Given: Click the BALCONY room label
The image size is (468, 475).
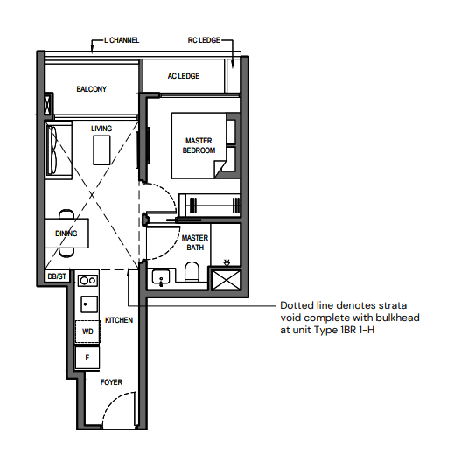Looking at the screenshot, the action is tap(92, 89).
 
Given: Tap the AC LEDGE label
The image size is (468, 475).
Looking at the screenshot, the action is tap(184, 76).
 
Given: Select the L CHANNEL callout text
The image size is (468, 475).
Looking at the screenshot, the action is tap(122, 40).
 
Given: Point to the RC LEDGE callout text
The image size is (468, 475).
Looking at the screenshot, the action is tap(204, 40).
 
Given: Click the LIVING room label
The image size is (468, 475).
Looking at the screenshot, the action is tap(101, 129).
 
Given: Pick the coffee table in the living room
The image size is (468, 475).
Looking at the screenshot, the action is tap(101, 150).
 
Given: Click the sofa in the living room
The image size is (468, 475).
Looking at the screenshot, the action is tap(59, 149).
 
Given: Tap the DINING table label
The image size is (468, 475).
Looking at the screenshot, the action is tap(66, 234).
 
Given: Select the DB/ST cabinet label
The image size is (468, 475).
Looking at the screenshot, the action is tap(57, 276).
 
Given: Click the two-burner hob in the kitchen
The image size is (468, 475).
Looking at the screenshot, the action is tap(87, 281).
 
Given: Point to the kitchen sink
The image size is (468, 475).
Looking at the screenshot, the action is tap(89, 304).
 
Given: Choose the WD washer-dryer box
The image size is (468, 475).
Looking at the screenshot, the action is tap(87, 332).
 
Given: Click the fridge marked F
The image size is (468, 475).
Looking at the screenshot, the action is tap(87, 358).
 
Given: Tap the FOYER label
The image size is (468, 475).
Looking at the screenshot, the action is tap(111, 382).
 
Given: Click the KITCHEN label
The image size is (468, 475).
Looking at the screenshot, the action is tap(119, 320).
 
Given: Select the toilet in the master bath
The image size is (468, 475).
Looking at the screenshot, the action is tap(192, 271).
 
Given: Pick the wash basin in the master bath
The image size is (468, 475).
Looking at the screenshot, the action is tap(161, 276).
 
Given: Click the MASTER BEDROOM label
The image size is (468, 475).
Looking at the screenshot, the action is tap(199, 145).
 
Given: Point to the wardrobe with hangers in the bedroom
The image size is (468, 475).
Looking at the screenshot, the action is tap(210, 205).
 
